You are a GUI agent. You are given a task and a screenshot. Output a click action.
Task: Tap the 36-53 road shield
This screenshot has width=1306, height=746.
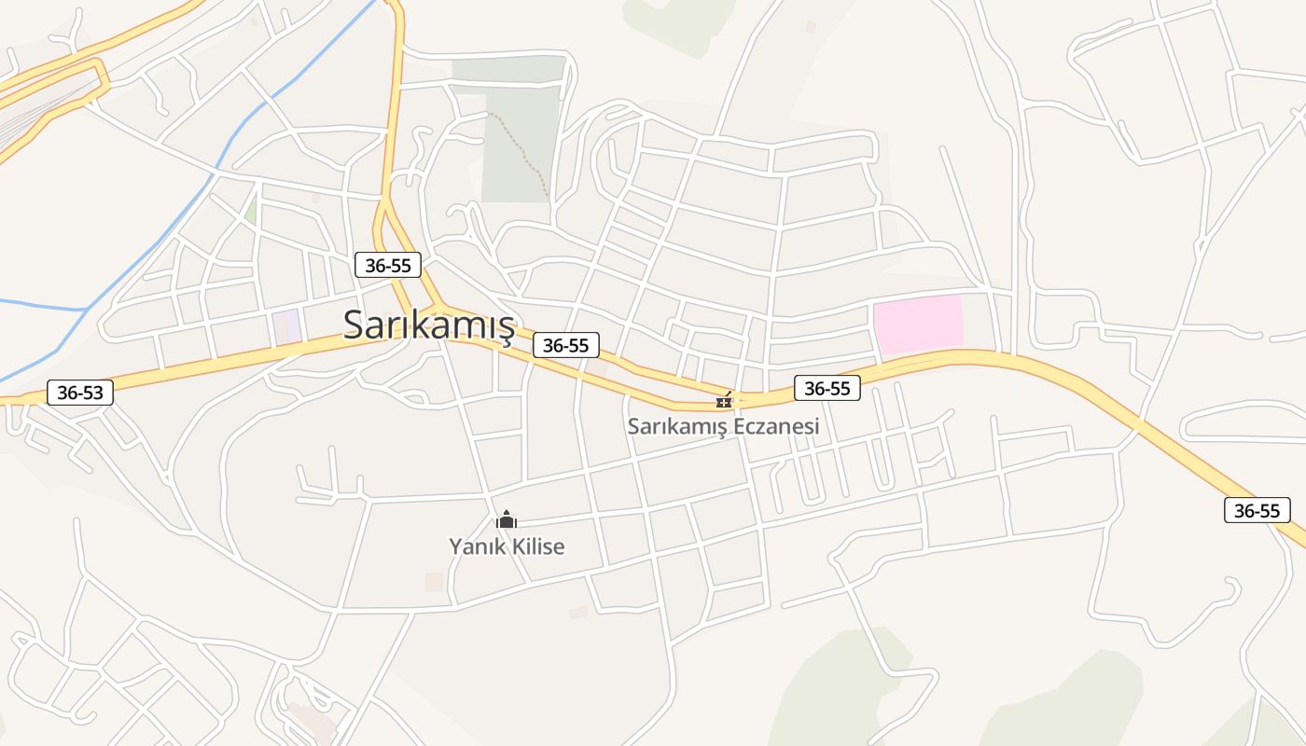[x=80, y=393]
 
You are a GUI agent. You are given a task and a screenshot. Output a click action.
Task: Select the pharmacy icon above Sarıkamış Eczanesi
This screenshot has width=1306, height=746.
[x=724, y=401]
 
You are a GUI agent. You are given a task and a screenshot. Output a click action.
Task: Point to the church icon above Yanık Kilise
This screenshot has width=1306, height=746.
[x=507, y=519]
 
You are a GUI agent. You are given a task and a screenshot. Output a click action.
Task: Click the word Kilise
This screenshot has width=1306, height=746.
[x=536, y=546]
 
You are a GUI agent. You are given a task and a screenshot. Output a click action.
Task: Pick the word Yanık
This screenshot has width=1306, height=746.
[x=477, y=546]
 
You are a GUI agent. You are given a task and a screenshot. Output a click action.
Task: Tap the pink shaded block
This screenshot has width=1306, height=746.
[x=918, y=325]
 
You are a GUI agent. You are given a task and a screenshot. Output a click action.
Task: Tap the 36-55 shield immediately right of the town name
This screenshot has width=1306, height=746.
[x=566, y=345]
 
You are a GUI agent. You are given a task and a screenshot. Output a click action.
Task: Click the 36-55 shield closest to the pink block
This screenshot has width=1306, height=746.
[x=827, y=388]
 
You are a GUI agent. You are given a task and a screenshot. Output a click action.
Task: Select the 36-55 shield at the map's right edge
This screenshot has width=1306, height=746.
[x=1257, y=510]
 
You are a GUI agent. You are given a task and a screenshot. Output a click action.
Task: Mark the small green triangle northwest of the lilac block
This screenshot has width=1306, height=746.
[x=251, y=210]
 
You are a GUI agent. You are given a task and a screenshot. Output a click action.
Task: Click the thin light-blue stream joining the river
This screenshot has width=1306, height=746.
[x=42, y=304]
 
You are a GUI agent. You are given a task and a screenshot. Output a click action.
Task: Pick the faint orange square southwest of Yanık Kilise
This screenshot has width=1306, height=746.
[x=434, y=582]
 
